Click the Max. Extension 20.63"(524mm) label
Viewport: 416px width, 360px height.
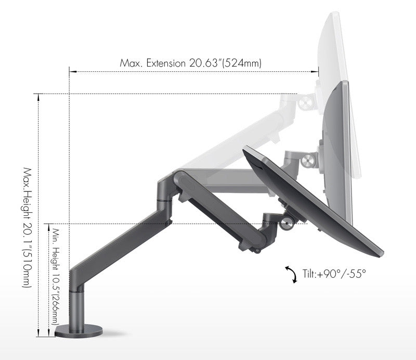pos(190,63)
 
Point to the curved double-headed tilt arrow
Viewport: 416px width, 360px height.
pos(290,274)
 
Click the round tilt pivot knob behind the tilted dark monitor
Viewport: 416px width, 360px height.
pos(285,224)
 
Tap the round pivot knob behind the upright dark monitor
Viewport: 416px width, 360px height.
pos(311,160)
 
